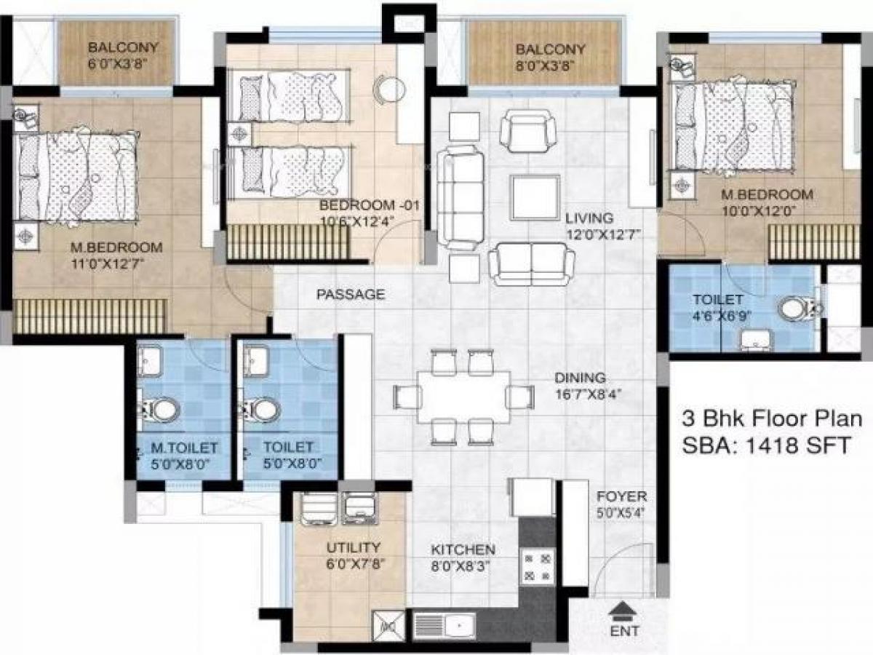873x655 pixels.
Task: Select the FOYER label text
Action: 621,496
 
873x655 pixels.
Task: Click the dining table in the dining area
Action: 463,397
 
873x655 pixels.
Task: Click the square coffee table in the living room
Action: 535,197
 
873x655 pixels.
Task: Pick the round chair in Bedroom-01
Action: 388,88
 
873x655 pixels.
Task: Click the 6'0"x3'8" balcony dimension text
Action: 122,63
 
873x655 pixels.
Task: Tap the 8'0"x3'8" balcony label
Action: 550,64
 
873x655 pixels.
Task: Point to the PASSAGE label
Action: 350,295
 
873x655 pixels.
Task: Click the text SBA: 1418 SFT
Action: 766,445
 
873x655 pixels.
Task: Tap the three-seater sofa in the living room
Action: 460,195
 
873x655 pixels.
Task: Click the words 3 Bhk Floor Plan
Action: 771,420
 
